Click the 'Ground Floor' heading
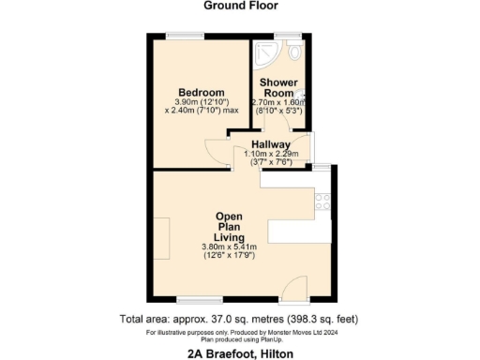click(x=239, y=6)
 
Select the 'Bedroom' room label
click(x=202, y=92)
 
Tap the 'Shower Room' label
click(x=277, y=87)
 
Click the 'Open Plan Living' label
click(x=230, y=225)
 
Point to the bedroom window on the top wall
click(x=181, y=37)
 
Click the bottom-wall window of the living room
click(x=192, y=301)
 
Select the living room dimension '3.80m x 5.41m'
click(x=230, y=246)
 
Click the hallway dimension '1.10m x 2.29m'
click(x=271, y=154)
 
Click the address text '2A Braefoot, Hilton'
click(x=239, y=352)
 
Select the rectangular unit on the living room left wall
click(x=161, y=238)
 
